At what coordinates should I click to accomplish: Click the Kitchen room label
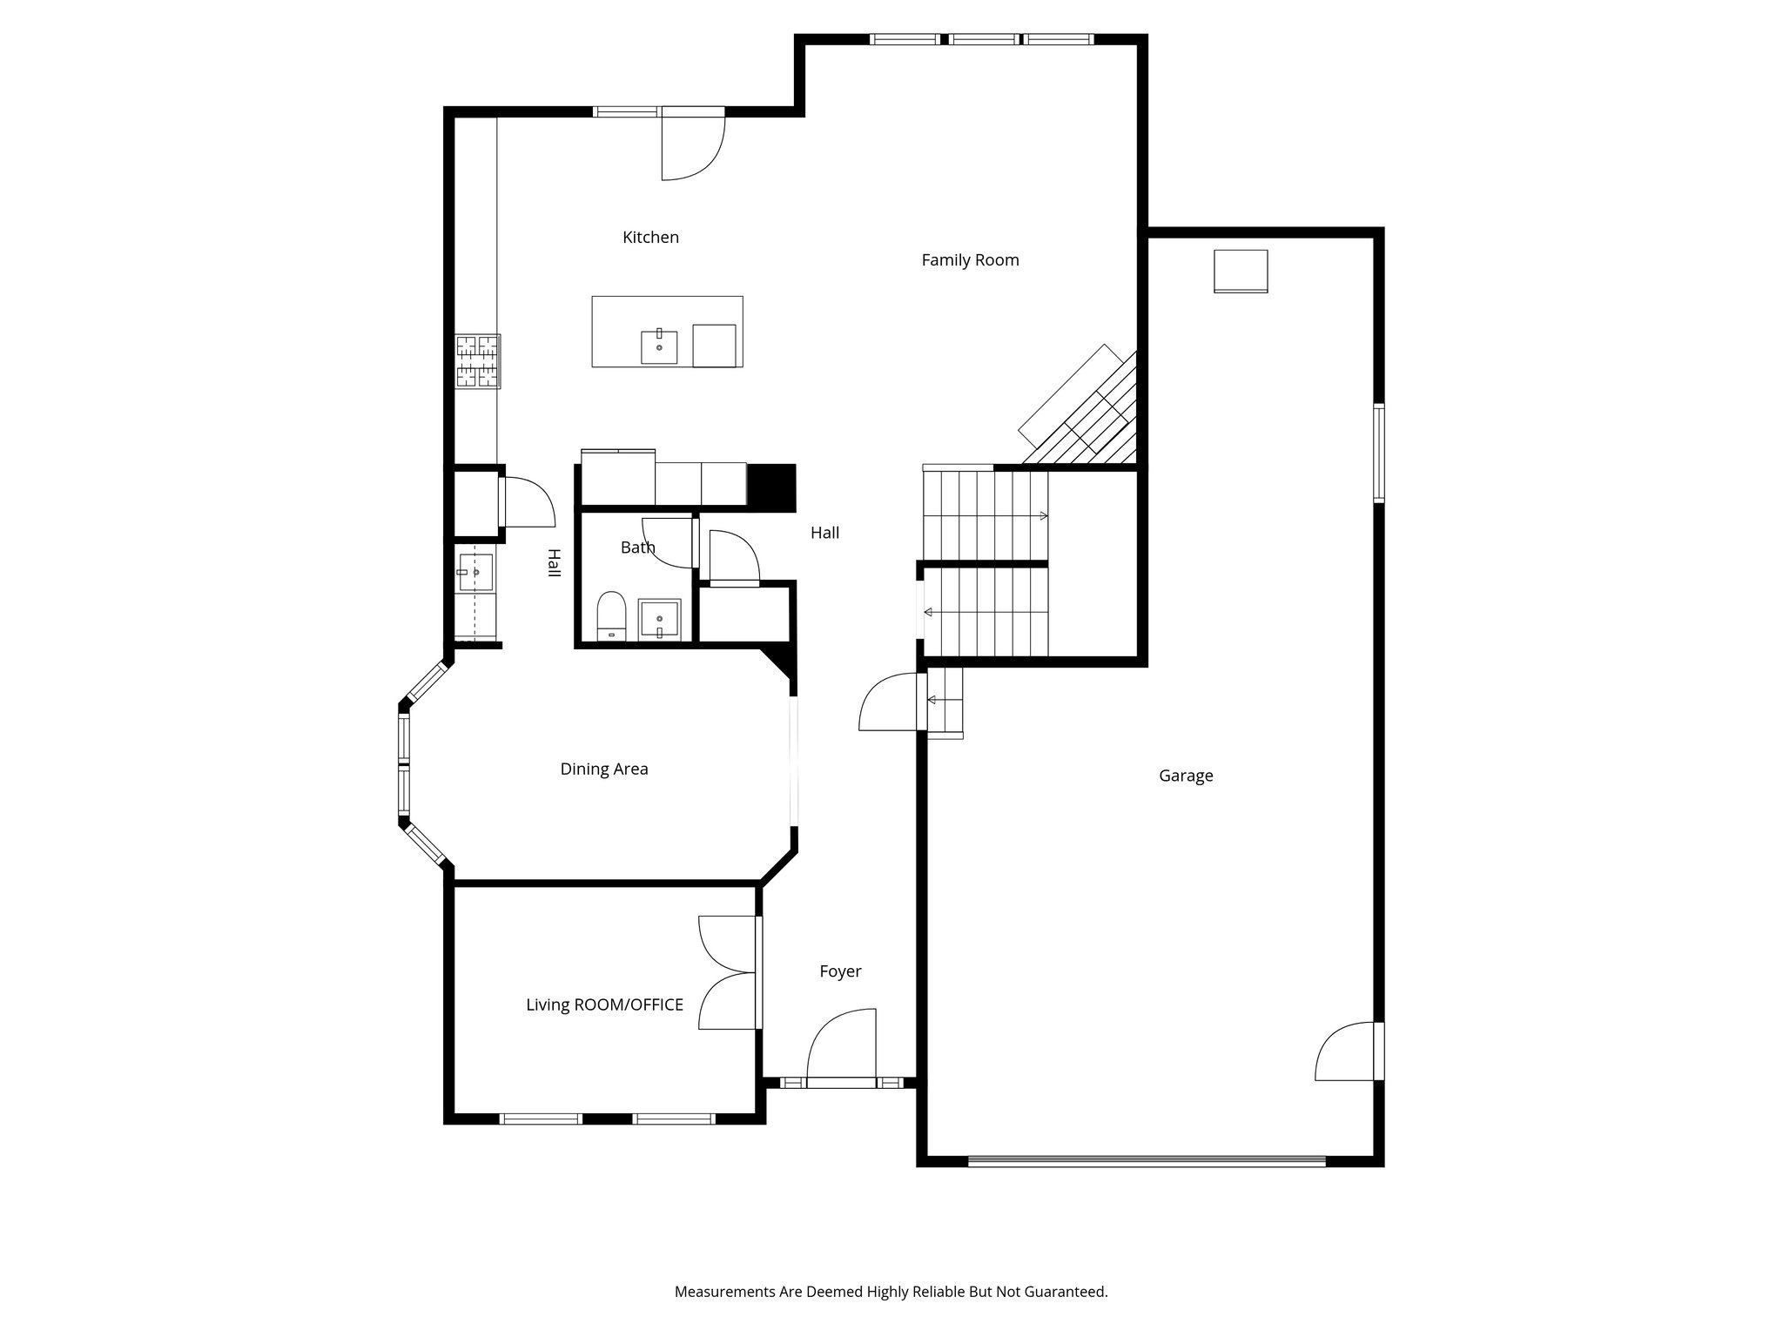coord(650,237)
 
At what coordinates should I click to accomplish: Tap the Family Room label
coord(970,259)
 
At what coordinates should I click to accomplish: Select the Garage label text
coord(1185,776)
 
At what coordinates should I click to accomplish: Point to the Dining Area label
coord(603,769)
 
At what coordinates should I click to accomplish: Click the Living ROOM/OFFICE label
coord(604,1004)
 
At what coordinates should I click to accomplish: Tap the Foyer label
coord(840,971)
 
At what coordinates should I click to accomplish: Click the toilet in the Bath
coord(611,615)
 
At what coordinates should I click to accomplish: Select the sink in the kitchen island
coord(659,346)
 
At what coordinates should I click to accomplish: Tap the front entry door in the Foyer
coord(842,1049)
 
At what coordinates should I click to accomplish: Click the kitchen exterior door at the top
coord(692,144)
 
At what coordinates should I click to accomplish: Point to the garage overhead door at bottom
coord(1146,1160)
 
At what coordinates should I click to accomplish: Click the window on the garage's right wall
coord(1379,453)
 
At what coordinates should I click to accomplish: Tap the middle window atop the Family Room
coord(983,39)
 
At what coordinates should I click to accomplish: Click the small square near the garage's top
coord(1241,271)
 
